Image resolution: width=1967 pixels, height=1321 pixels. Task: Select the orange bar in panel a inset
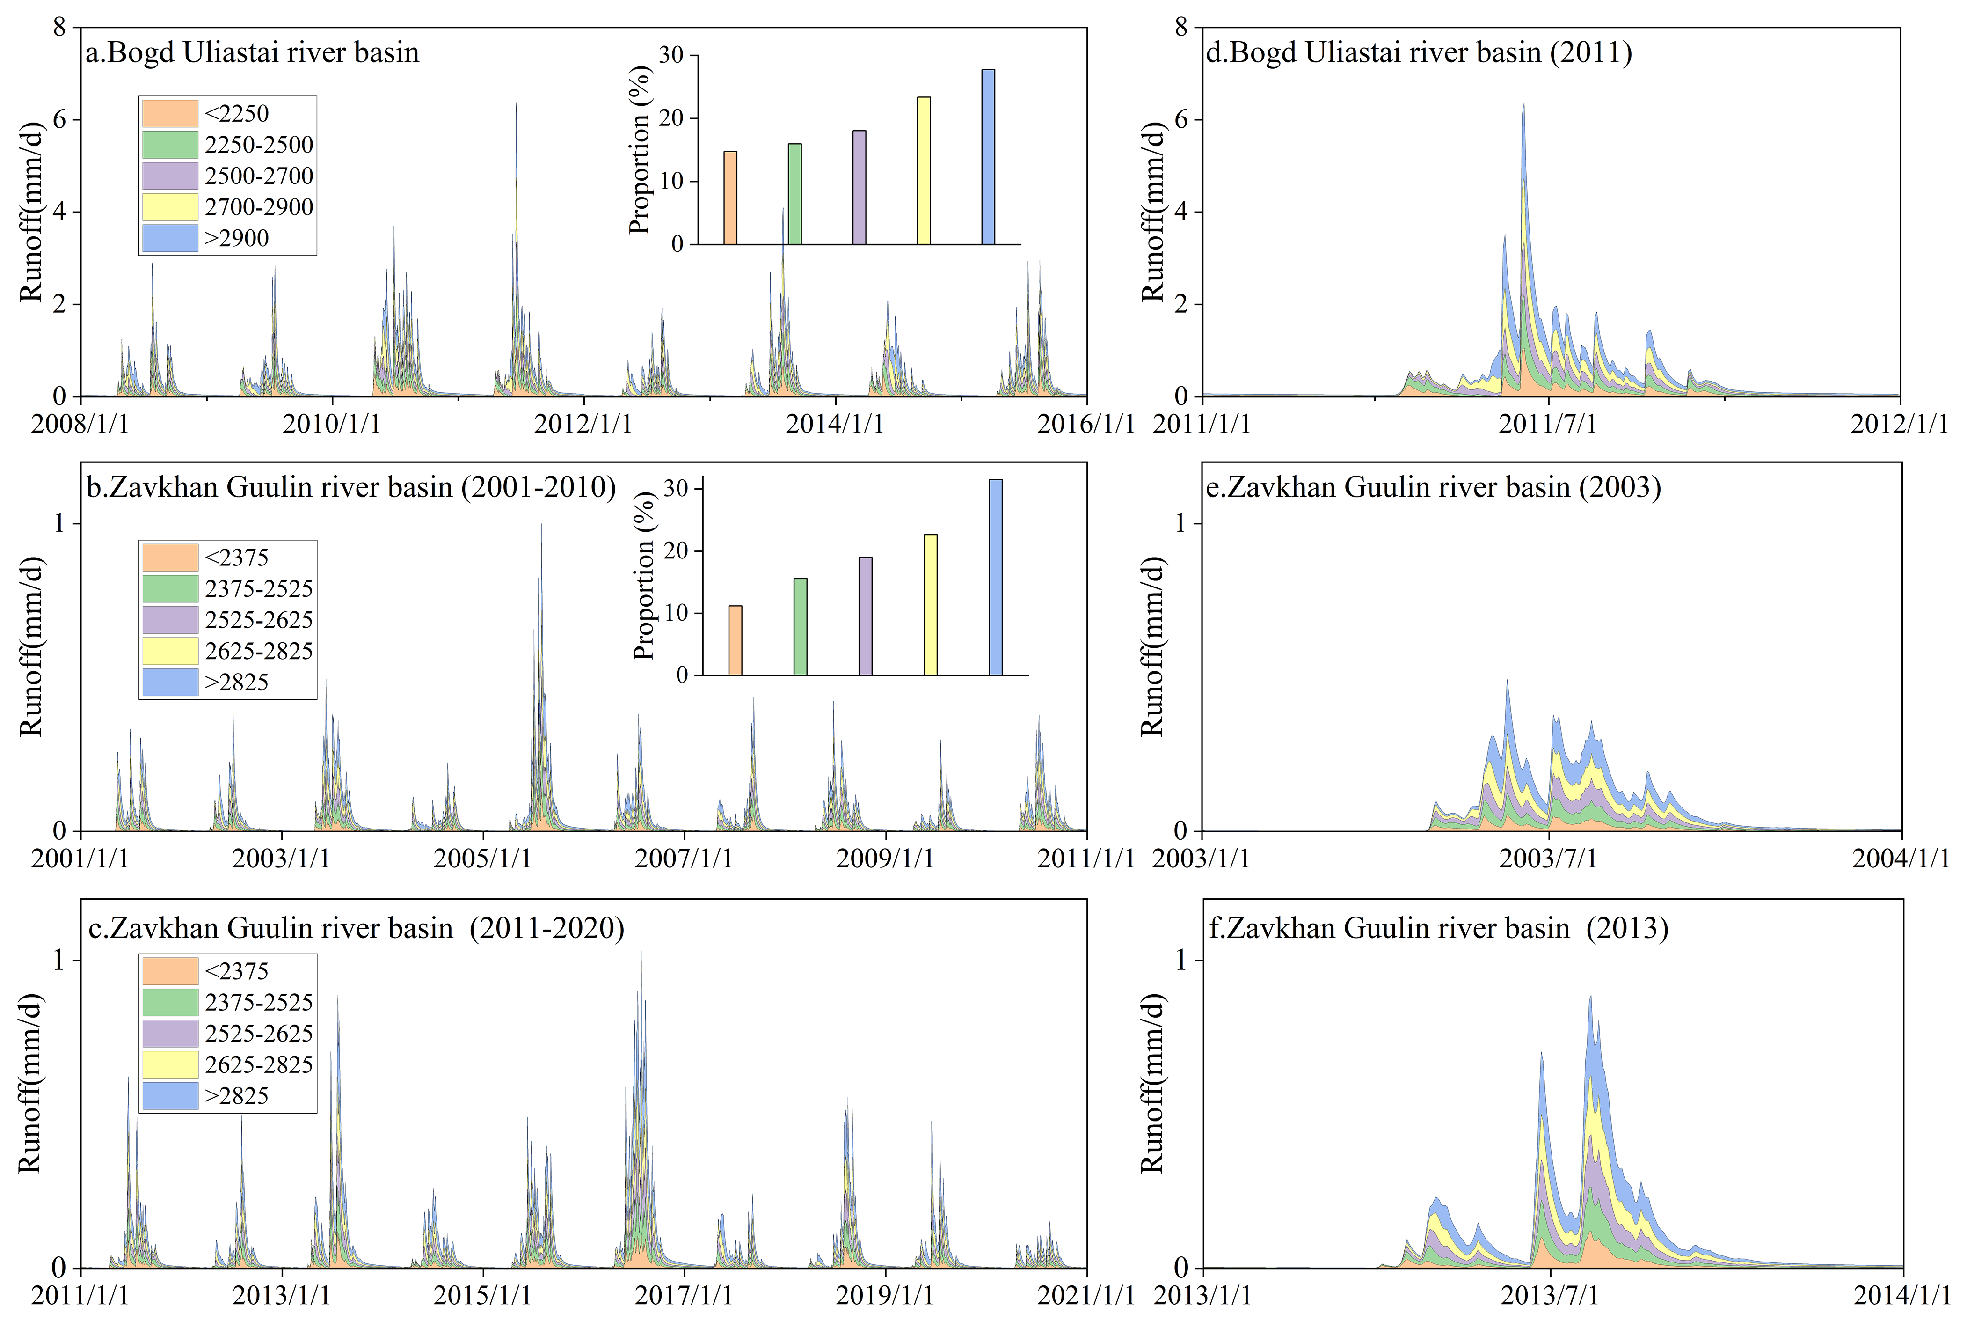point(730,198)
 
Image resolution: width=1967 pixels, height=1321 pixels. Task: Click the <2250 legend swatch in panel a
point(170,113)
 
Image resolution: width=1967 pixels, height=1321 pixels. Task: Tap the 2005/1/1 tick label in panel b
point(482,859)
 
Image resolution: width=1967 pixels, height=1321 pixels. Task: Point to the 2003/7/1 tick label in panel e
point(1548,859)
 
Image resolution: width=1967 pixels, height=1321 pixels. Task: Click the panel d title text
point(1419,52)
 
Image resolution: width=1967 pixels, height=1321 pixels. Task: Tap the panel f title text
point(1438,928)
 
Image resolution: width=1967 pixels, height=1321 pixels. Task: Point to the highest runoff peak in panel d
point(1523,104)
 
